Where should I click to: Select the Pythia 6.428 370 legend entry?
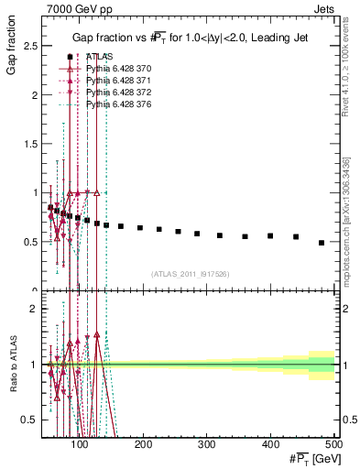click(x=114, y=70)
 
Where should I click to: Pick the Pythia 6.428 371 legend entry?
click(x=114, y=82)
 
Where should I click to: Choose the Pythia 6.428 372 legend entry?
click(x=114, y=93)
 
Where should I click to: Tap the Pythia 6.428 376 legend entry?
click(x=114, y=105)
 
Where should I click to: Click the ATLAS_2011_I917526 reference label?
click(x=191, y=274)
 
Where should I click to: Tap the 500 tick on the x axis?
click(x=333, y=445)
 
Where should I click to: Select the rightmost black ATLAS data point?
click(x=322, y=243)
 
